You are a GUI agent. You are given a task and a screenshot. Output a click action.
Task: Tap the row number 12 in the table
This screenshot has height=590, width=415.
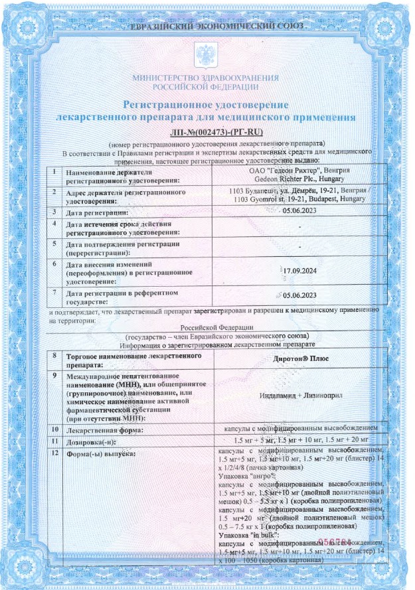click(x=56, y=453)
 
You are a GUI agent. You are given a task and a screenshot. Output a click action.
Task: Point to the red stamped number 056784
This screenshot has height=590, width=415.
click(x=332, y=542)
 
